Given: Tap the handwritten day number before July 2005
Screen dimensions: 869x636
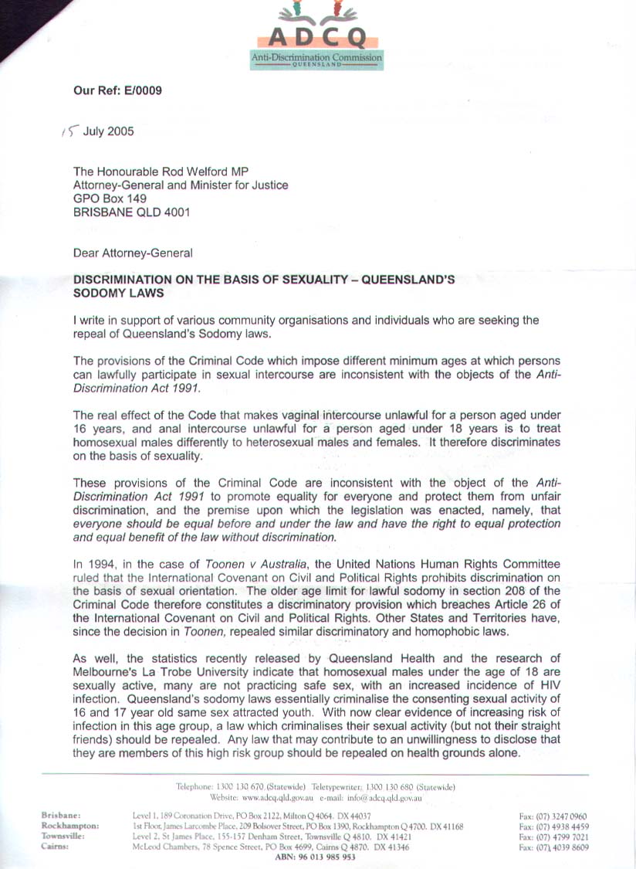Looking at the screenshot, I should point(67,131).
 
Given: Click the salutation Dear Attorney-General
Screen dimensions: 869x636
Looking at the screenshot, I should point(133,252).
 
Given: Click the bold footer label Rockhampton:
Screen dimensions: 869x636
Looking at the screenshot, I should point(69,826).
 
